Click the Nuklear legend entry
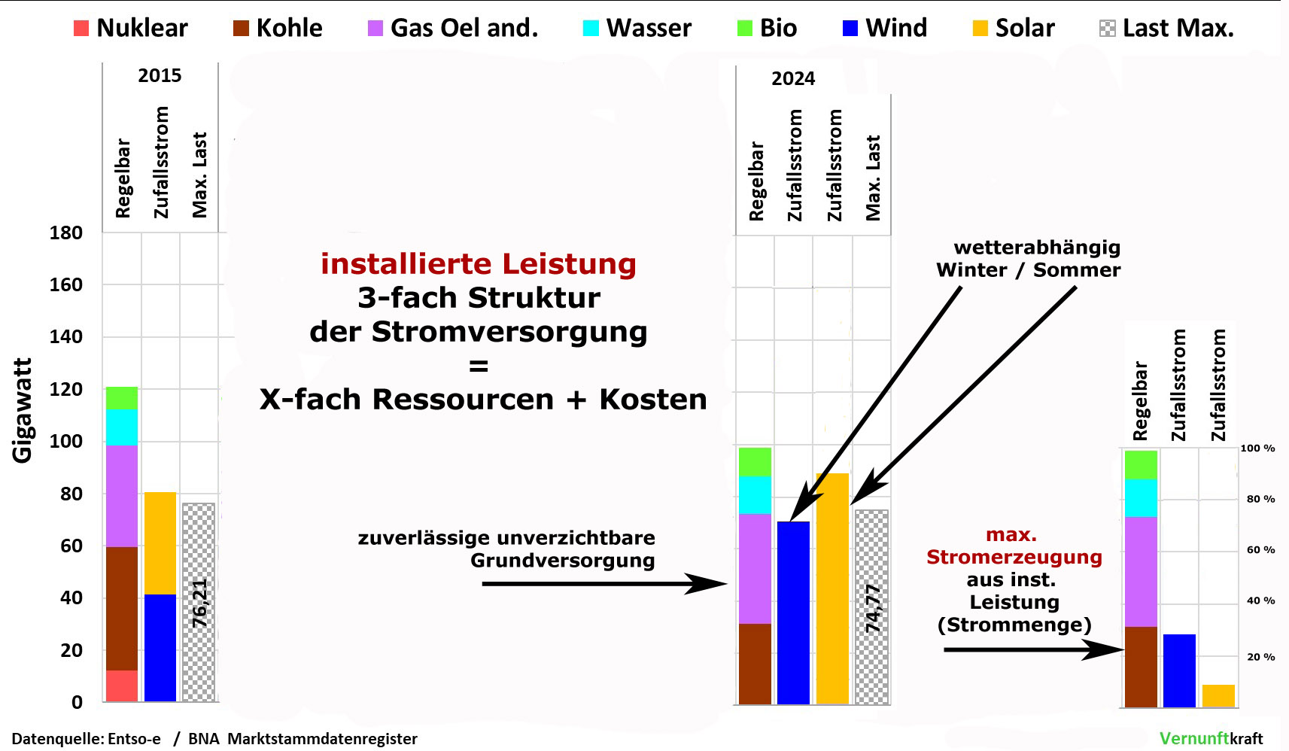coord(131,28)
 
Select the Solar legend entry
coord(1014,28)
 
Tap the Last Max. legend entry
coord(1166,28)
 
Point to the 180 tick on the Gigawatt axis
coord(66,233)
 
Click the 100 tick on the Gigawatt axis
coord(66,442)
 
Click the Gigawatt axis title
coord(22,410)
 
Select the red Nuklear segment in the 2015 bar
coord(121,686)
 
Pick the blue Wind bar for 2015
coord(160,648)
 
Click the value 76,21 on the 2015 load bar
coord(199,603)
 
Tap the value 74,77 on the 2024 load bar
coord(873,609)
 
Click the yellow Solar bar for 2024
coord(832,588)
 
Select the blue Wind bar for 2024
coord(794,613)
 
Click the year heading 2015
coord(160,75)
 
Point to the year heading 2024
coord(793,78)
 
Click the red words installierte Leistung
coord(478,264)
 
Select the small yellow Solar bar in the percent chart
coord(1218,696)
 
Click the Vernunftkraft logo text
coord(1211,738)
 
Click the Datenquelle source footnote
coord(214,738)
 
